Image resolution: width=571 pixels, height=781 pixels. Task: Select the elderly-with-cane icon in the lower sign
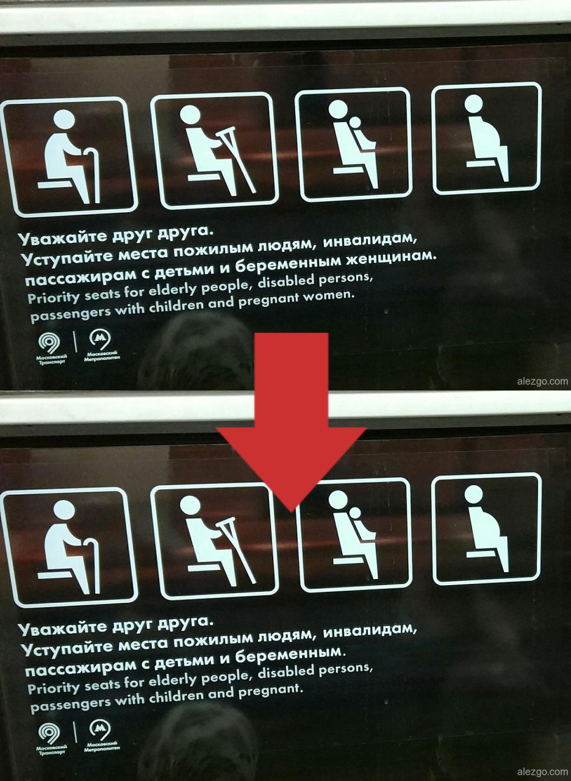pos(69,547)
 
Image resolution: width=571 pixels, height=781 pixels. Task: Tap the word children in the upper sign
pos(178,306)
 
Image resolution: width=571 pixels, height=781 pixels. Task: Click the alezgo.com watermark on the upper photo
pos(542,381)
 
